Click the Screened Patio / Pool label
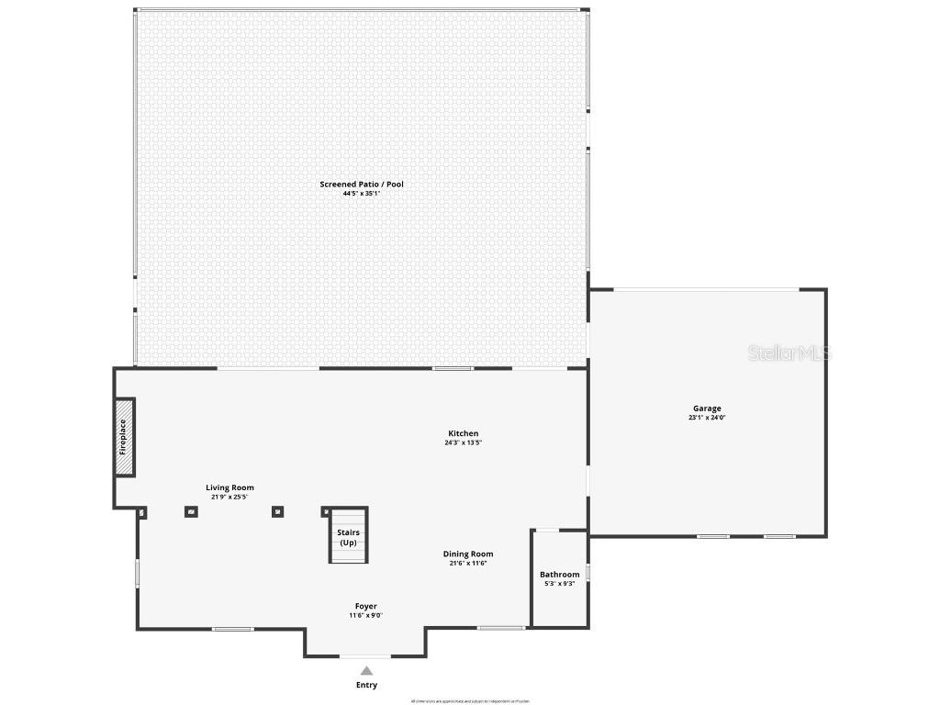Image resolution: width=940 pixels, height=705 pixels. (x=361, y=185)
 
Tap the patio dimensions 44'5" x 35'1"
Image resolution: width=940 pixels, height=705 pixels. (x=361, y=194)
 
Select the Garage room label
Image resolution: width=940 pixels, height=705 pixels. (x=707, y=408)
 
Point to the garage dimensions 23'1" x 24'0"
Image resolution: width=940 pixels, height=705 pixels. (x=707, y=418)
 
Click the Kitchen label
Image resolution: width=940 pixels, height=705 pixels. (x=463, y=433)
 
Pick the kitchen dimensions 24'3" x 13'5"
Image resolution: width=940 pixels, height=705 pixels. (x=463, y=442)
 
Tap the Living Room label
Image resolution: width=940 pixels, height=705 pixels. (x=229, y=487)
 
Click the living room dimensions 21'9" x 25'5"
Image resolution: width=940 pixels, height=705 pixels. (x=229, y=497)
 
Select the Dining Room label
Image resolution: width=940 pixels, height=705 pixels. (x=468, y=554)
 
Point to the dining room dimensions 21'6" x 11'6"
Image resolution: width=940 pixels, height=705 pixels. (x=468, y=563)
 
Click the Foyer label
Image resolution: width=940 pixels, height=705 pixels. (x=366, y=606)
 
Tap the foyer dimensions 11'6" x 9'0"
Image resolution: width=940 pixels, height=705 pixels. (x=366, y=616)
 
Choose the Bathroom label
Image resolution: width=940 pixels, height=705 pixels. (x=559, y=575)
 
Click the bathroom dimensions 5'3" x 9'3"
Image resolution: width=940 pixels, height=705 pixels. (x=559, y=584)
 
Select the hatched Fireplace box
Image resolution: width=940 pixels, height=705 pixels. (x=124, y=437)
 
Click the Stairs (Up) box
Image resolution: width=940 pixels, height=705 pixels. (x=349, y=535)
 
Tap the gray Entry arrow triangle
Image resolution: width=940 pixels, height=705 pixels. (x=366, y=671)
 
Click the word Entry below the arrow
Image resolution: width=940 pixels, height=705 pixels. (x=366, y=685)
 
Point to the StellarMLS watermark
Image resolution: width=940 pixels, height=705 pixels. (x=788, y=352)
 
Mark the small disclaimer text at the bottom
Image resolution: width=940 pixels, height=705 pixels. (x=469, y=700)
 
